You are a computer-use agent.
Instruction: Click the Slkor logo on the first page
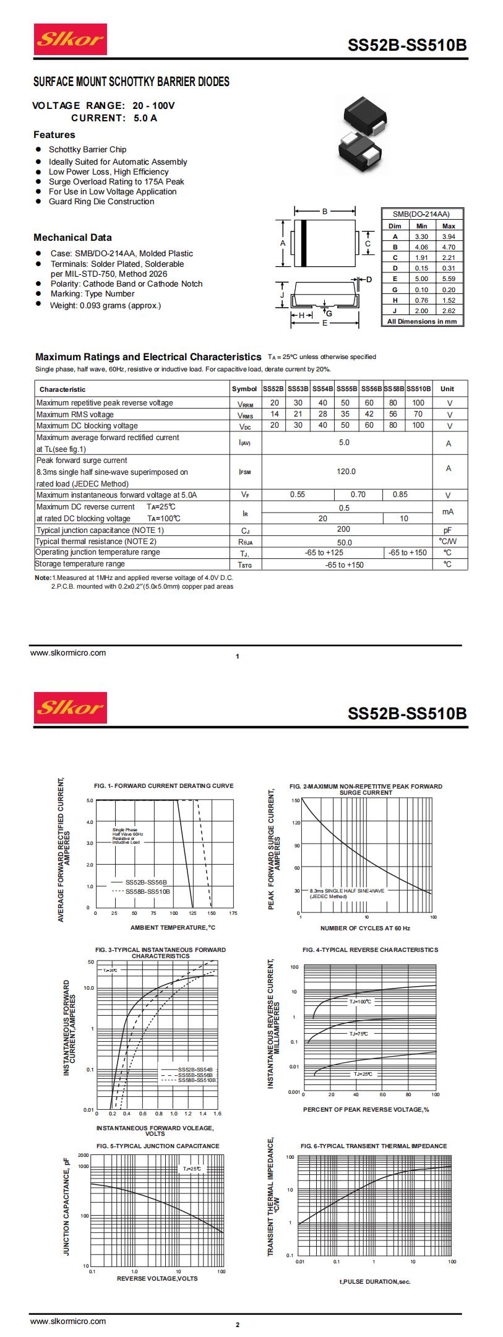click(x=70, y=40)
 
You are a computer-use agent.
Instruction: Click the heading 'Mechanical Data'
click(x=72, y=238)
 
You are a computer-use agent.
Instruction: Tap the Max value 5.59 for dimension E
click(x=449, y=279)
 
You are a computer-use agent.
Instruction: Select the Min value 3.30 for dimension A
click(x=421, y=236)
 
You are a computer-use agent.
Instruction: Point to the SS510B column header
click(x=418, y=389)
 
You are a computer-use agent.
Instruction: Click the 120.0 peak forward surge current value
click(x=346, y=472)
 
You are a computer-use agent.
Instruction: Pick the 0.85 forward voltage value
click(x=400, y=495)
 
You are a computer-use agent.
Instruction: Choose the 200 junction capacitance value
click(x=343, y=529)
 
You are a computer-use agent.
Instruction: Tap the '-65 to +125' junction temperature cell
click(x=324, y=552)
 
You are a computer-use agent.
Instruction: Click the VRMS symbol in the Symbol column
click(x=245, y=415)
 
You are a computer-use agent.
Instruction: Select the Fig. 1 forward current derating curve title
click(x=163, y=785)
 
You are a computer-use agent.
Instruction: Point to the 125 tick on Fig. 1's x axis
click(x=193, y=913)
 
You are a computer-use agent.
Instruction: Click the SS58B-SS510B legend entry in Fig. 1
click(x=147, y=891)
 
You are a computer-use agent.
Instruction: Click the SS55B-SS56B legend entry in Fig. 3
click(x=195, y=1075)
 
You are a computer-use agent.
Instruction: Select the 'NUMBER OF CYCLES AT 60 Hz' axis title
click(x=365, y=928)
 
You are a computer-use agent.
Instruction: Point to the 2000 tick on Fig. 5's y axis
click(x=84, y=1156)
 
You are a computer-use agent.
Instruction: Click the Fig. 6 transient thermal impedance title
click(x=373, y=1146)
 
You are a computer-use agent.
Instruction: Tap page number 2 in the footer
click(x=238, y=1325)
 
